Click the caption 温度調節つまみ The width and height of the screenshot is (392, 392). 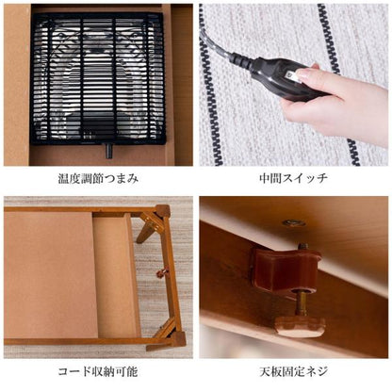(x=98, y=178)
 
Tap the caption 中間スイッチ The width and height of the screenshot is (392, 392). (x=293, y=178)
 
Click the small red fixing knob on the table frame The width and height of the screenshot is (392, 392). (x=161, y=274)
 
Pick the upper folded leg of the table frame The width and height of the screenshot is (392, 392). (x=151, y=227)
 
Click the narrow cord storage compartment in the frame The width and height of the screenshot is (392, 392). (x=114, y=277)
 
